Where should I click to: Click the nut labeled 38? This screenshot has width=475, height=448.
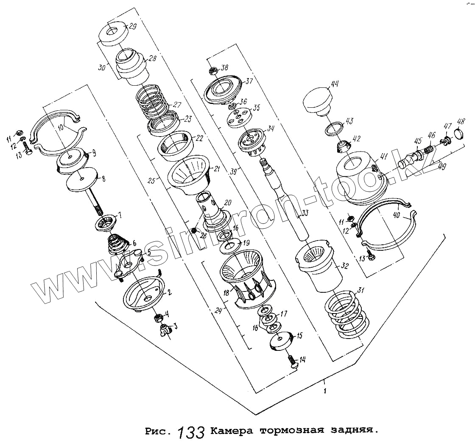213,70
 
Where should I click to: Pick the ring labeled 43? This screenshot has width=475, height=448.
333,129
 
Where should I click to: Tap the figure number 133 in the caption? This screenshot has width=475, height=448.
191,432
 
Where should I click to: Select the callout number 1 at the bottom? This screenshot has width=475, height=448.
325,390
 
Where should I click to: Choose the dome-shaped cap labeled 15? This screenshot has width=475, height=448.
281,340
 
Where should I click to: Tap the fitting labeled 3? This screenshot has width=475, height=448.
165,330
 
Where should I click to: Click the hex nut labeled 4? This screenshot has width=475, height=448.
158,317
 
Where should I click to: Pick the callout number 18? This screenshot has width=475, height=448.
226,292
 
